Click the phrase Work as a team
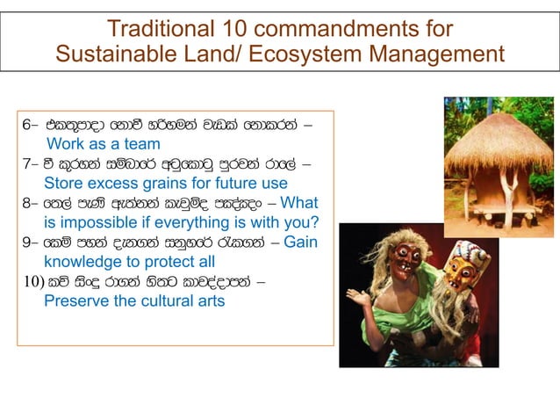pyautogui.click(x=104, y=144)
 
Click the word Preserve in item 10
pyautogui.click(x=75, y=301)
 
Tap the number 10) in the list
pyautogui.click(x=33, y=281)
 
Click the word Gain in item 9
pyautogui.click(x=301, y=243)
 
